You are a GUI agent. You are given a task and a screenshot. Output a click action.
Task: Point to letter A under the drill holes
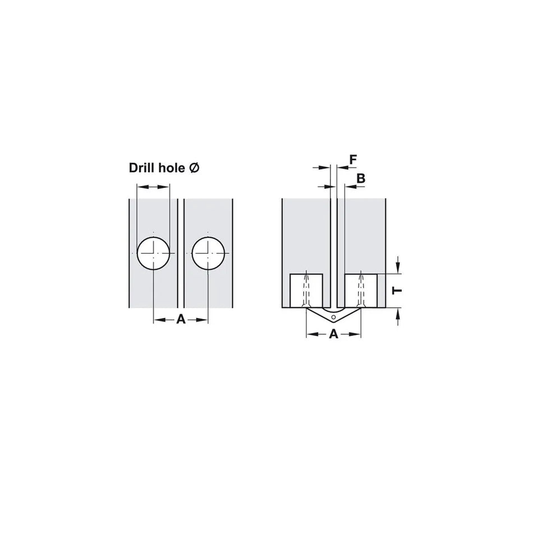coord(181,319)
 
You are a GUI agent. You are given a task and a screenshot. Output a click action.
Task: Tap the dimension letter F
coord(352,160)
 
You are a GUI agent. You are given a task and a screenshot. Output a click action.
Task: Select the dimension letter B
coord(361,178)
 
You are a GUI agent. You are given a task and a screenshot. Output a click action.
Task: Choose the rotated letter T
coord(397,291)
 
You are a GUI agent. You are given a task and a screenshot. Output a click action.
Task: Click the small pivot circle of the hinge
coord(333,318)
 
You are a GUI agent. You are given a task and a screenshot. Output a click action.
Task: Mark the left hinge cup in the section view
coord(306,290)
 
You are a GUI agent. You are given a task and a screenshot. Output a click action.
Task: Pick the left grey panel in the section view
coord(304,236)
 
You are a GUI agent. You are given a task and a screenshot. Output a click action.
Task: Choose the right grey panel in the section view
coord(365,236)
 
